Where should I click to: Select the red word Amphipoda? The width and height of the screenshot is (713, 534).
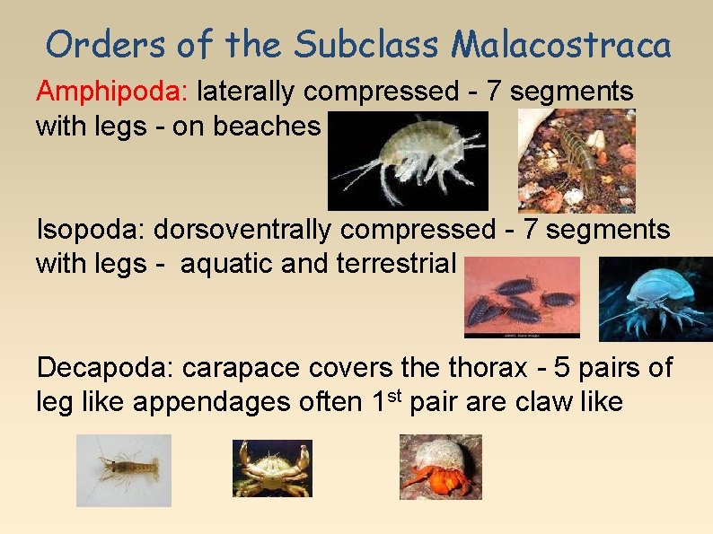click(x=112, y=91)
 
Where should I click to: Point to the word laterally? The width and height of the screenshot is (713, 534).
click(x=248, y=91)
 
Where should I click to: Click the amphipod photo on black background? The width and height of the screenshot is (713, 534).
click(x=408, y=161)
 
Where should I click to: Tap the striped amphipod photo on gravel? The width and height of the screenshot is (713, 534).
click(x=577, y=161)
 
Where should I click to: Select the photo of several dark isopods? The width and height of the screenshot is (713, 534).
click(x=522, y=297)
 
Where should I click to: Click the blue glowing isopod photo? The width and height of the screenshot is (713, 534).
click(x=656, y=299)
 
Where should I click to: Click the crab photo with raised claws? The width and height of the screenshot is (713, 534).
click(x=272, y=468)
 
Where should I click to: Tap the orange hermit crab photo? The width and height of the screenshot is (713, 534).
click(x=440, y=467)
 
